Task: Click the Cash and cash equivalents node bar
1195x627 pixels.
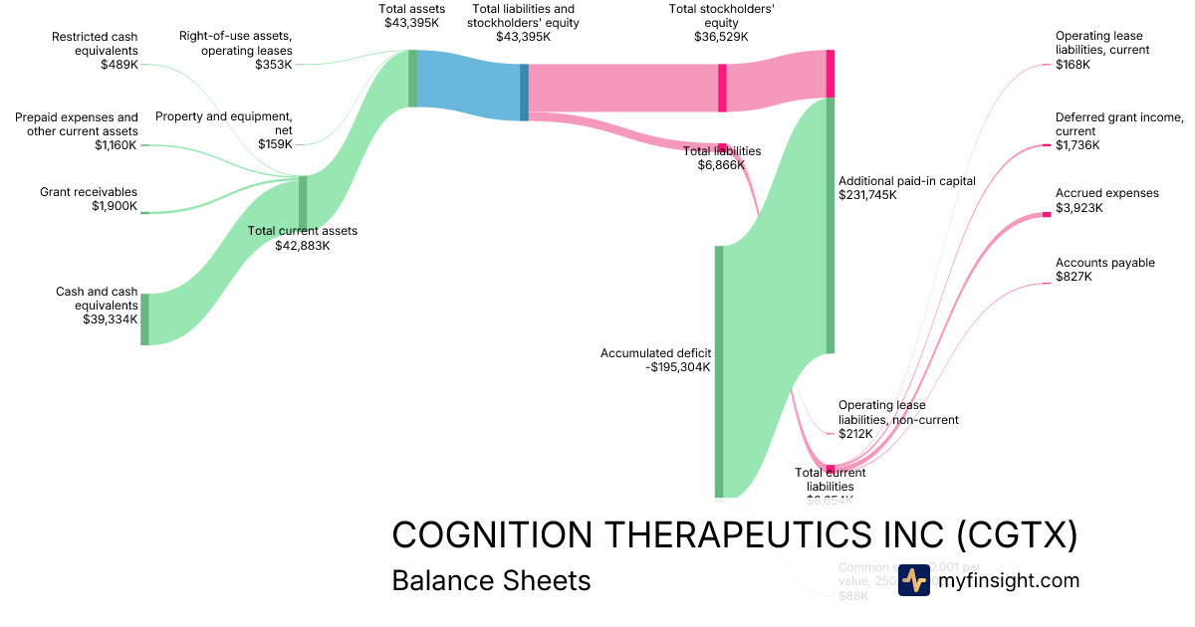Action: click(x=144, y=319)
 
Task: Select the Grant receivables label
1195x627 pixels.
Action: click(x=89, y=192)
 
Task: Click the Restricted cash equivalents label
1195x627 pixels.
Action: click(x=96, y=44)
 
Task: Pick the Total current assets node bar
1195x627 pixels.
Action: click(x=303, y=202)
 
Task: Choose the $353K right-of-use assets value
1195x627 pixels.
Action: click(x=275, y=64)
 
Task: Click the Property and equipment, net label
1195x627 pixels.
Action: click(x=223, y=122)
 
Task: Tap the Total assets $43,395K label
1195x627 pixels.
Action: click(x=411, y=15)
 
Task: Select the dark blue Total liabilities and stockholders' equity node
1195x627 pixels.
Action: click(x=524, y=93)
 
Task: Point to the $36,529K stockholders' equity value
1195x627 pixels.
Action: click(x=721, y=36)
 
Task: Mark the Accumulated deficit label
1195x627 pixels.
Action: click(x=655, y=352)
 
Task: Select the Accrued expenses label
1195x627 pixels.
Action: click(x=1106, y=193)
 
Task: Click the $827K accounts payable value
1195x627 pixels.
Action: click(x=1074, y=277)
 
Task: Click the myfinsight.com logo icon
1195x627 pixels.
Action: click(x=914, y=580)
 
